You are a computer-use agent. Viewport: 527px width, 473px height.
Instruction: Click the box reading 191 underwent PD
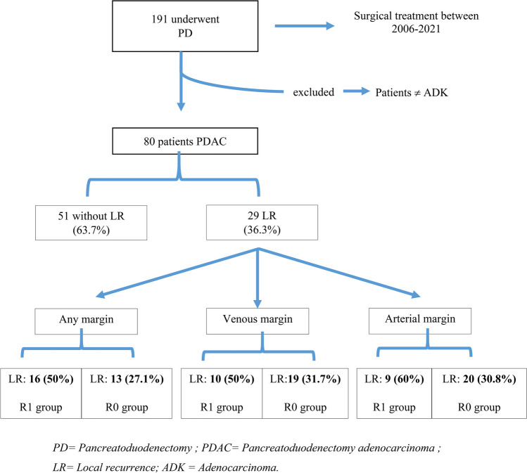(185, 26)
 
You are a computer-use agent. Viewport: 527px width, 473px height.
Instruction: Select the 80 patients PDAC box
(185, 141)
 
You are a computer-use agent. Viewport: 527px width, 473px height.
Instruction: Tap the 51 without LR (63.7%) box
(91, 223)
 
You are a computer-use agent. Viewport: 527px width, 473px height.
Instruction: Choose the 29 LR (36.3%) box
(262, 222)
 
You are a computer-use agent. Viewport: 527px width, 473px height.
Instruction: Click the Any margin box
(86, 321)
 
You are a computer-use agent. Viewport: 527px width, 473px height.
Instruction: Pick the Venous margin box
(258, 321)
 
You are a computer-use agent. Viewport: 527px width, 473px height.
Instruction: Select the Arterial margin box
(420, 321)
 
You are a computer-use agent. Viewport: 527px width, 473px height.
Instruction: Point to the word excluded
(314, 92)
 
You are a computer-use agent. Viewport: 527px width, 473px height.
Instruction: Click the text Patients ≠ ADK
(412, 92)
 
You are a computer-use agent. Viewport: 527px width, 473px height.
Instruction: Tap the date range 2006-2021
(416, 29)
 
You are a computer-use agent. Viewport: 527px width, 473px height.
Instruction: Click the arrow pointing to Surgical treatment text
(305, 26)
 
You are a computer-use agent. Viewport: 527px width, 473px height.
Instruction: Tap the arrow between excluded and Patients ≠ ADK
(356, 91)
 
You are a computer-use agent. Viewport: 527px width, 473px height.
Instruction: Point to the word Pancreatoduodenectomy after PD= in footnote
(135, 448)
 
